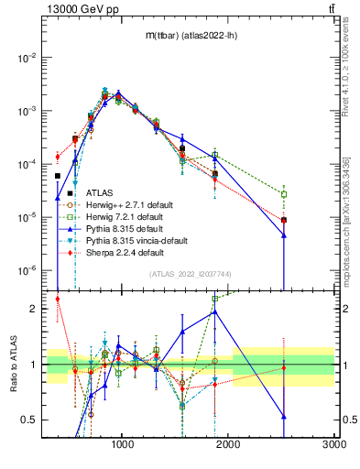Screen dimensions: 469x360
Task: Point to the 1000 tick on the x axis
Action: (x=123, y=444)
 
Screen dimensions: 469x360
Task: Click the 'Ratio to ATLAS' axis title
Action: (x=11, y=365)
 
